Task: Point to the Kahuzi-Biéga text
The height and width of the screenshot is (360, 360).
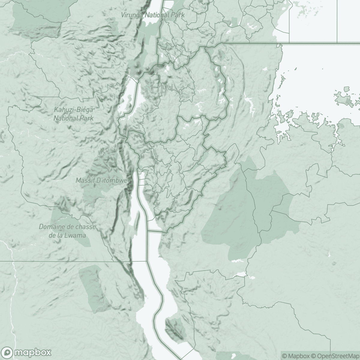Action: pos(73,110)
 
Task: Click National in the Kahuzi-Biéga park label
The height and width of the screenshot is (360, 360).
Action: pos(65,118)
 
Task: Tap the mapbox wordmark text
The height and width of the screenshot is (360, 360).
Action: pos(33,352)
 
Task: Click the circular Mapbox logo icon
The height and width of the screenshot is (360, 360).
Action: pos(9,352)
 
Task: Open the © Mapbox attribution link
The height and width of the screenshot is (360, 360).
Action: pos(295,356)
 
